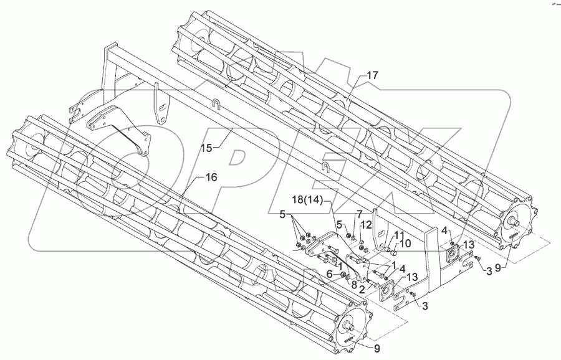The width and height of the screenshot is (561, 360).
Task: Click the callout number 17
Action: click(372, 75)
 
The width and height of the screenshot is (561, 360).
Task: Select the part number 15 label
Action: click(207, 148)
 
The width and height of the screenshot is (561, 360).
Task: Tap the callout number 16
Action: click(211, 178)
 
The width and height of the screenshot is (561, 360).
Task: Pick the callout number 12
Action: click(367, 224)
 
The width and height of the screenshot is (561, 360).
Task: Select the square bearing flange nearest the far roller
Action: click(453, 252)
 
